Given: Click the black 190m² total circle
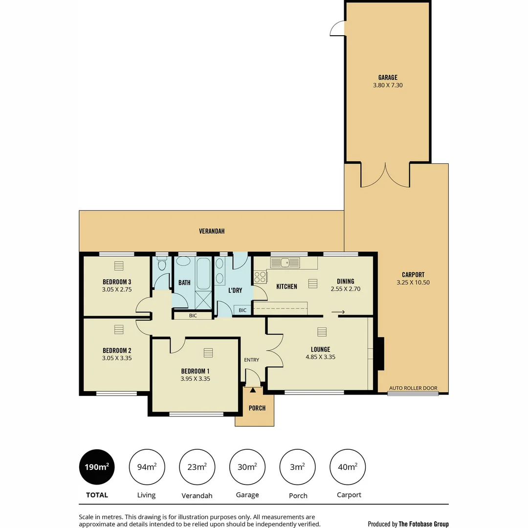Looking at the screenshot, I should tap(97, 467).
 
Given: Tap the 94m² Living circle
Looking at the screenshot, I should tap(147, 467).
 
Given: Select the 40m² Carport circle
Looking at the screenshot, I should tap(348, 467).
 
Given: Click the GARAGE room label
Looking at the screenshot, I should tap(388, 77).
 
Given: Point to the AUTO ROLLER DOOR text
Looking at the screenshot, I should tap(413, 388).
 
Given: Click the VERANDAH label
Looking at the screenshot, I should tap(212, 231).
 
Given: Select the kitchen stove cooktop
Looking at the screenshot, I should tap(260, 277).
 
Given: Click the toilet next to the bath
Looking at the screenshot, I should tap(162, 264).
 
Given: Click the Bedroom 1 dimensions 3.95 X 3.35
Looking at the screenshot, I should tap(196, 378).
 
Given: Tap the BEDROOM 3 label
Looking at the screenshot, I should tap(117, 282).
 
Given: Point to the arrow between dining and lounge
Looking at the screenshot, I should tap(338, 312).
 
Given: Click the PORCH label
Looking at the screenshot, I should tap(257, 408).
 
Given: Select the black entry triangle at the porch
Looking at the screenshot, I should tap(253, 390).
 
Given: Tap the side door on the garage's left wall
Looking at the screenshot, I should tap(338, 29).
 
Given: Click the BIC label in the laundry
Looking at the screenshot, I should tap(242, 310).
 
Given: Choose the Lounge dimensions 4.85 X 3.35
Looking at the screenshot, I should tap(320, 357).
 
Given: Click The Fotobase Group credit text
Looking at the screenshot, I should tap(423, 524).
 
